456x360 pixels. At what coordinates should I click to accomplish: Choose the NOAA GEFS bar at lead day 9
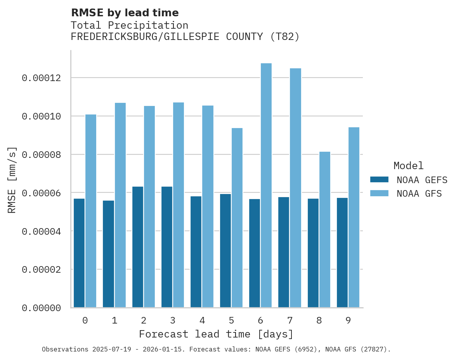[x=342, y=253]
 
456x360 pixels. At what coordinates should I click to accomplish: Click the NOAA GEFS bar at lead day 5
[x=225, y=251]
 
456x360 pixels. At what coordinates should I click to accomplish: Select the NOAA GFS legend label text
[x=419, y=194]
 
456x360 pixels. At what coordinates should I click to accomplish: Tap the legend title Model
[x=408, y=166]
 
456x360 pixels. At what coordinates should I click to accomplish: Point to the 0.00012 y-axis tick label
[x=42, y=78]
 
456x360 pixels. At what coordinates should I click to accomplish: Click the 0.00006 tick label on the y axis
[x=42, y=193]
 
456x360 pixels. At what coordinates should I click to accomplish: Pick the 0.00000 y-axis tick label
[x=42, y=308]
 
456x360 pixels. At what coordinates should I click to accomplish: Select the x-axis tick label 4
[x=202, y=320]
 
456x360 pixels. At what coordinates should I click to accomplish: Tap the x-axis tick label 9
[x=348, y=320]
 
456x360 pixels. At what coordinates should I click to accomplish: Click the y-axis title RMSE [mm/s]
[x=12, y=180]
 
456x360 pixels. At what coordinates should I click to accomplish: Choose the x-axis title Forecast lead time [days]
[x=216, y=334]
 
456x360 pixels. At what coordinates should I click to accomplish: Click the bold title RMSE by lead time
[x=125, y=13]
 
